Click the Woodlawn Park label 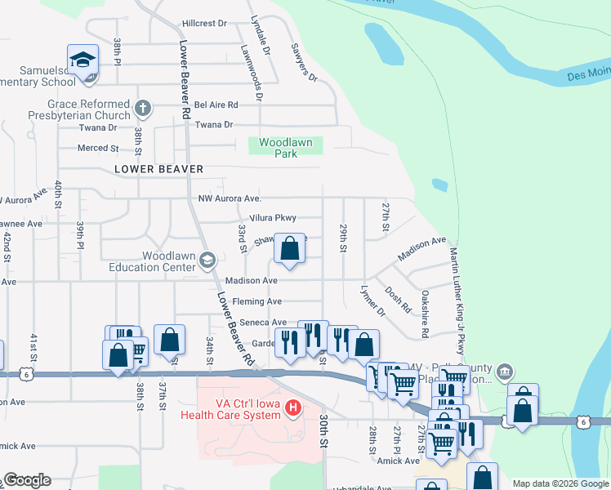click(x=285, y=148)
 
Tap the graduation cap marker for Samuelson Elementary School click(x=83, y=61)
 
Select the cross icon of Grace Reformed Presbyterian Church click(x=142, y=107)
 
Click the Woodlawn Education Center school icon click(x=207, y=261)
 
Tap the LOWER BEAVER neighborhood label click(x=158, y=169)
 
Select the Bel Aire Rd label click(x=216, y=105)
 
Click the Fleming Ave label click(x=256, y=301)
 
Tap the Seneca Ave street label click(x=262, y=323)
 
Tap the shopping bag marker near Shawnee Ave click(x=290, y=248)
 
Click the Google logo click(x=27, y=480)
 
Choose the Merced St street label click(x=97, y=148)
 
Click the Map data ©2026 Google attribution click(x=560, y=483)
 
